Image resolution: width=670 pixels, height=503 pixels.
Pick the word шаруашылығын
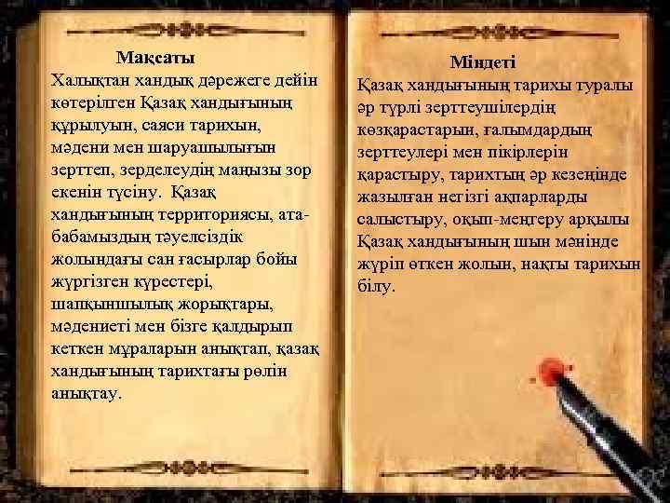[x=196, y=147]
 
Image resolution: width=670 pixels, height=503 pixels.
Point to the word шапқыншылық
[x=113, y=304]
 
